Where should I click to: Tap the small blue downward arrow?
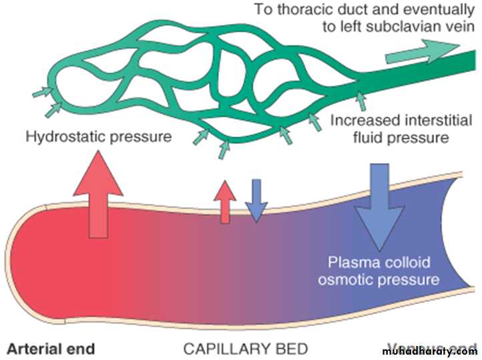256,200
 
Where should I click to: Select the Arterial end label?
51,348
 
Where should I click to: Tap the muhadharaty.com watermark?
430,350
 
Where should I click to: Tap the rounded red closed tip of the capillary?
20,254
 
